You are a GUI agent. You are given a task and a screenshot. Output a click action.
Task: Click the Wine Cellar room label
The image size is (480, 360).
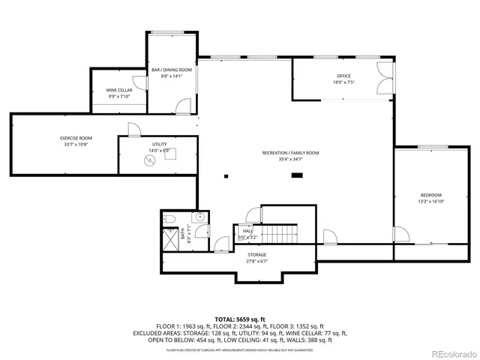[118, 90]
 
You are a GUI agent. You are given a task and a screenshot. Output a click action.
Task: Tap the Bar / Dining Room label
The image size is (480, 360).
[172, 70]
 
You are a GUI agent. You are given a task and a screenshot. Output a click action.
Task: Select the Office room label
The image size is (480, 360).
[343, 76]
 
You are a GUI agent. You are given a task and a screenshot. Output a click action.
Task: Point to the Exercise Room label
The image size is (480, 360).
[76, 138]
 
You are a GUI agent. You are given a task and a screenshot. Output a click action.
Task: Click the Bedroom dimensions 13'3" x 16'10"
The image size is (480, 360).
[430, 201]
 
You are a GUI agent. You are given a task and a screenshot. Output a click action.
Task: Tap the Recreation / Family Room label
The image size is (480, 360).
[290, 153]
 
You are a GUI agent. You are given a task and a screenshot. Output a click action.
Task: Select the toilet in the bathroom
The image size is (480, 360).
[169, 219]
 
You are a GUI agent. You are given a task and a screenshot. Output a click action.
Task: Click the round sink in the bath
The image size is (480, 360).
[199, 218]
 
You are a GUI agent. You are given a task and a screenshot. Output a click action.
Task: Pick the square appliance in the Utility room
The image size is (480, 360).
[167, 151]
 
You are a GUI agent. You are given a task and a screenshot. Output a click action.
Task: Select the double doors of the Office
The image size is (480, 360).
[385, 78]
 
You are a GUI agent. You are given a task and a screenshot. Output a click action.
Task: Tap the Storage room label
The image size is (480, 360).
[257, 255]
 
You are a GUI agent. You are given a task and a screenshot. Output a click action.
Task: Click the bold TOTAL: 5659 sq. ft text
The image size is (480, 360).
[240, 319]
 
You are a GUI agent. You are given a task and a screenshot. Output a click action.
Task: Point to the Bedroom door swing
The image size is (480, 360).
[402, 235]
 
